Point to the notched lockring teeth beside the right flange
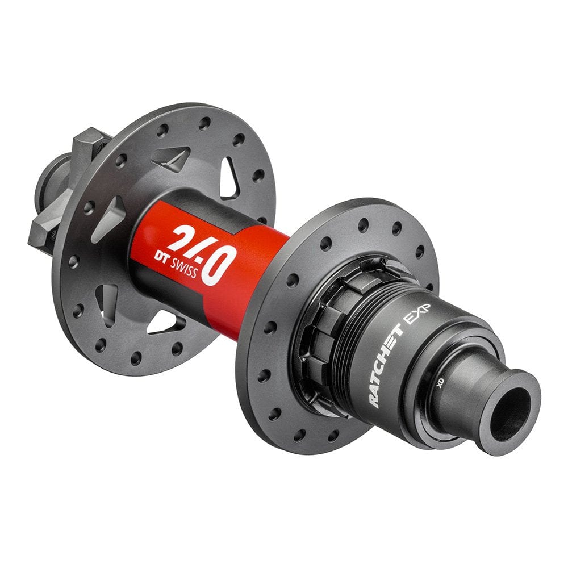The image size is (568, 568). (318, 335)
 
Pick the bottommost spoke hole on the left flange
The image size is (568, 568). (136, 358)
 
